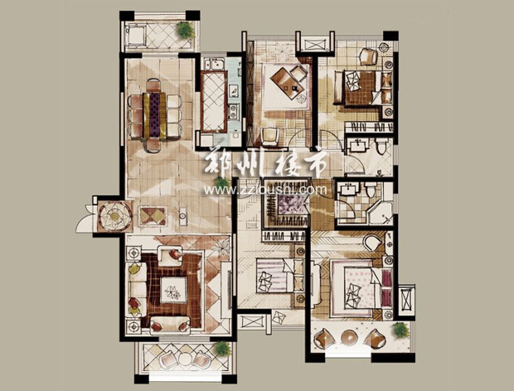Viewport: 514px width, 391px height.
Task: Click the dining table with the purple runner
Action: click(155, 115)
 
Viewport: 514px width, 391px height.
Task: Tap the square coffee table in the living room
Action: click(173, 291)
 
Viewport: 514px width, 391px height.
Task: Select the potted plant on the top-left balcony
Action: click(186, 30)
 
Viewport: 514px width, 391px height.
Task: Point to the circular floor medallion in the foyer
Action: click(114, 217)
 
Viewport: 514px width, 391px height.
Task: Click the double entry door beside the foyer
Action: click(85, 218)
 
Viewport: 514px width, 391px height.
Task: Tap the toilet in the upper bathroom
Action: click(381, 145)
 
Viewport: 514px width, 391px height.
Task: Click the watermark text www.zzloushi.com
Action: click(265, 189)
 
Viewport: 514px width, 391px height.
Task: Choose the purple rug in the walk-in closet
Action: click(288, 203)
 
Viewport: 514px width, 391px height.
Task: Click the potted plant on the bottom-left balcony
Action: click(222, 349)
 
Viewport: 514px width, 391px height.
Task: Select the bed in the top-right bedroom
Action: click(359, 88)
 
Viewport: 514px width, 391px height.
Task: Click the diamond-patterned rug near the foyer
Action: click(153, 216)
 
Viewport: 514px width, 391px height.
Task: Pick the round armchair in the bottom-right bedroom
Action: click(373, 242)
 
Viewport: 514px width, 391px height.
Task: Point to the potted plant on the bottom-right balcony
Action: click(400, 330)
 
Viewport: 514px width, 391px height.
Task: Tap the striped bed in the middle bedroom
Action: click(275, 275)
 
